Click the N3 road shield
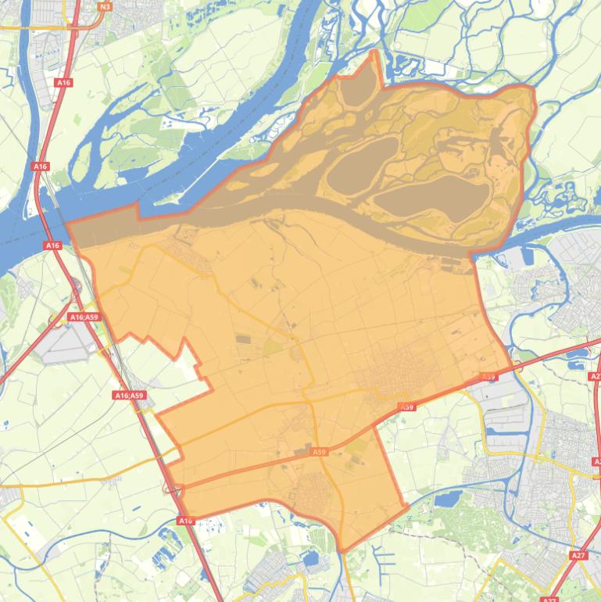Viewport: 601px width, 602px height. pos(106,6)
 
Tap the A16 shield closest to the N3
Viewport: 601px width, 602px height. pos(63,81)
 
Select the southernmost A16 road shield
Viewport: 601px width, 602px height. pos(184,521)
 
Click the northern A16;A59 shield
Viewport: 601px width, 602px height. pos(84,317)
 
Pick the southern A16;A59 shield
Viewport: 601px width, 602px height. pos(129,396)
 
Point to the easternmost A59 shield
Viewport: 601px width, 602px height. pos(488,377)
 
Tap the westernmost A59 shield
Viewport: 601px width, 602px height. pos(318,452)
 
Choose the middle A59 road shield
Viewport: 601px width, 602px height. pos(406,407)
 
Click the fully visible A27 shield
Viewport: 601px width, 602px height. pos(578,555)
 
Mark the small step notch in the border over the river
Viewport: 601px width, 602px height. pos(139,209)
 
